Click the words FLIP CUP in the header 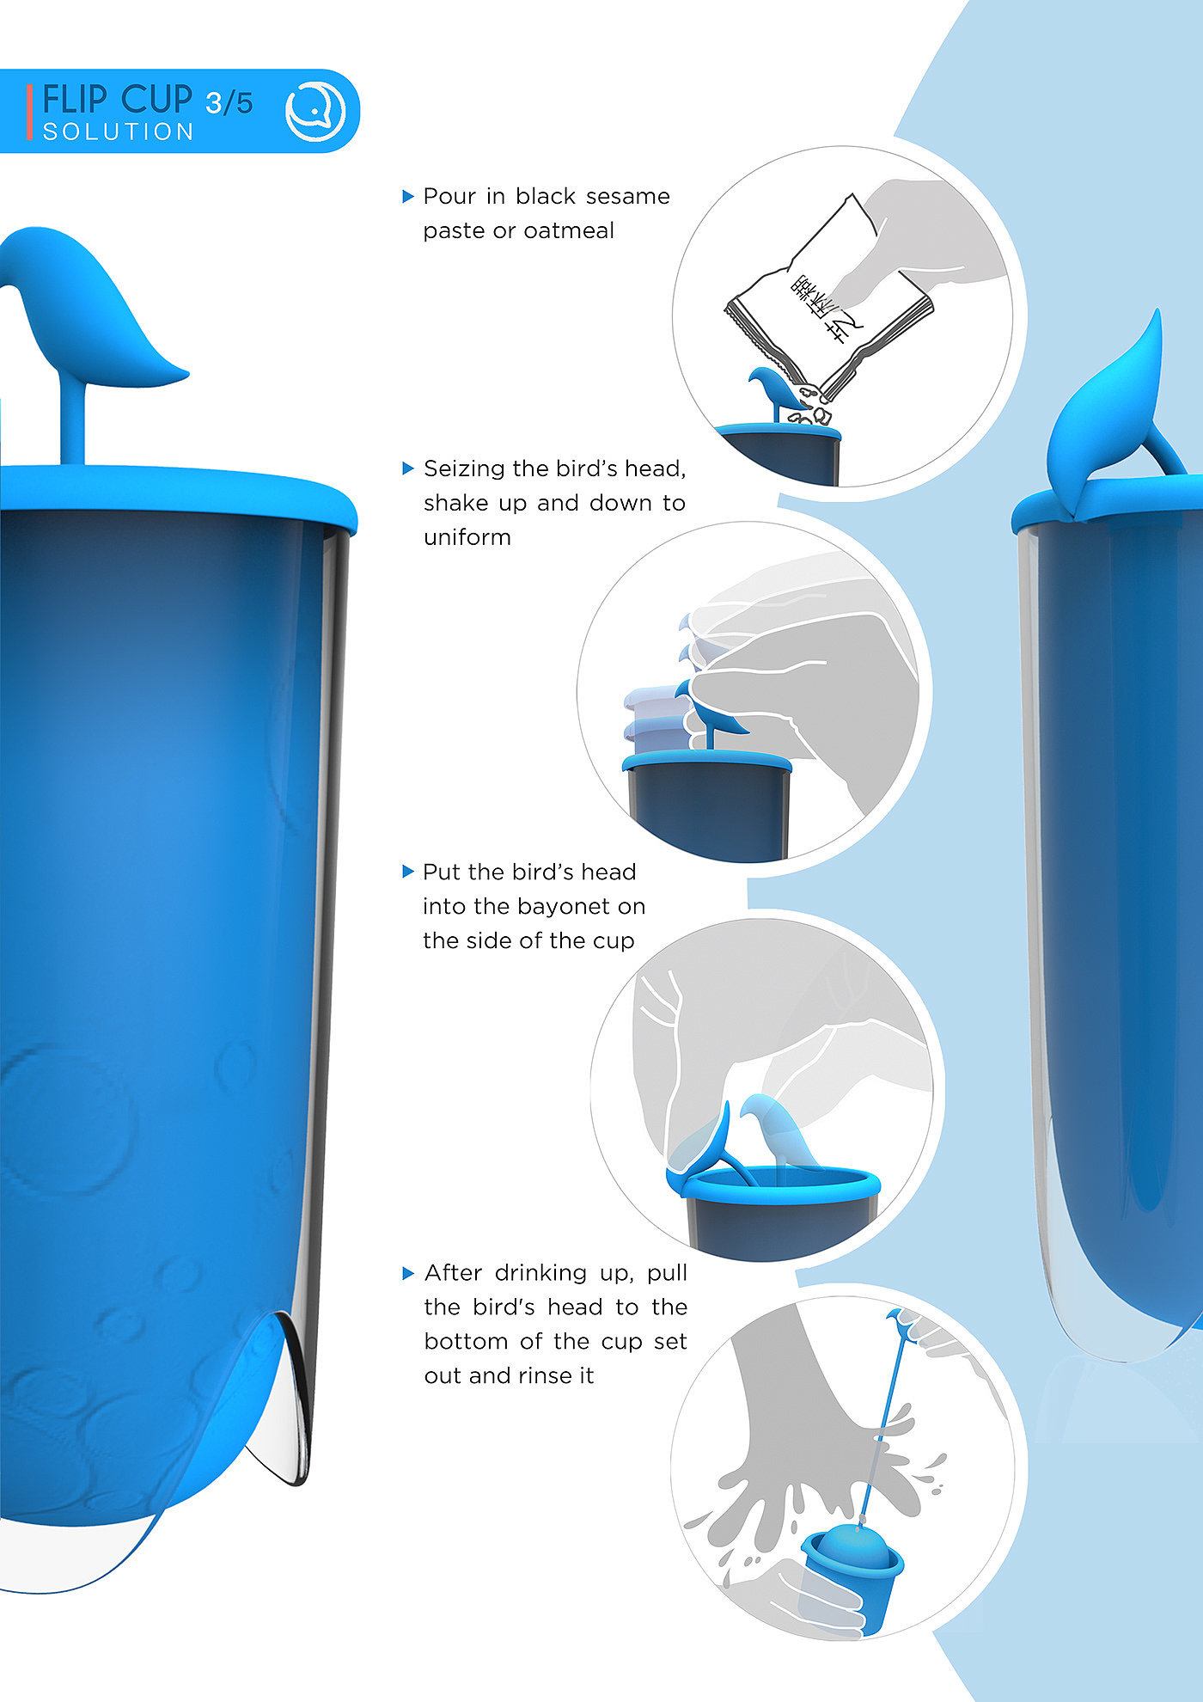pos(117,100)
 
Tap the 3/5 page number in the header pos(229,103)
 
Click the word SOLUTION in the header pos(119,132)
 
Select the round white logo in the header pos(314,111)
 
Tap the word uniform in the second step pos(467,537)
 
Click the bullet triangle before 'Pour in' pos(408,197)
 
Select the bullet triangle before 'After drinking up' pos(408,1273)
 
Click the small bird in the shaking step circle pos(709,713)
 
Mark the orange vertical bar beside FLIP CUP pos(30,112)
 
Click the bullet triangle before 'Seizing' pos(408,468)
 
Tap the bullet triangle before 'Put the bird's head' pos(408,872)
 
